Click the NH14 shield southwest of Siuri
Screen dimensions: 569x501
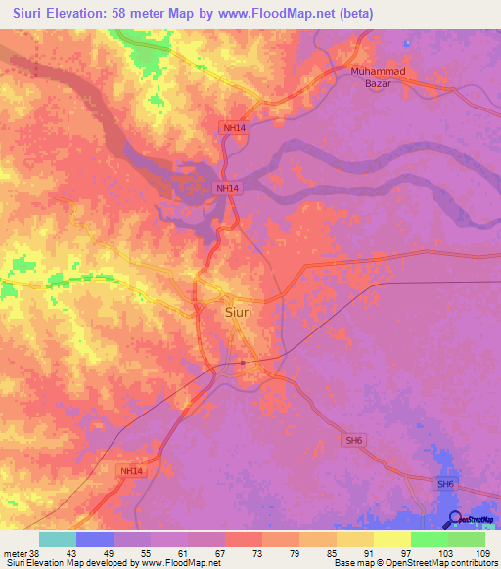tap(130, 471)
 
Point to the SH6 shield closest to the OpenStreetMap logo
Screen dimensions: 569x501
tap(446, 485)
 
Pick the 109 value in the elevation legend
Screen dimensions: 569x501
tap(484, 552)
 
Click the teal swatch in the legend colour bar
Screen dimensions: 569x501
tap(58, 539)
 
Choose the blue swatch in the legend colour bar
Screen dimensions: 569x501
tap(95, 539)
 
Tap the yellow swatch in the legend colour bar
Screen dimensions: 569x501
tap(392, 539)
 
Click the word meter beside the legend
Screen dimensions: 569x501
tap(14, 552)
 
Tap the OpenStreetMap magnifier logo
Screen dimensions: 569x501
tap(456, 519)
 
